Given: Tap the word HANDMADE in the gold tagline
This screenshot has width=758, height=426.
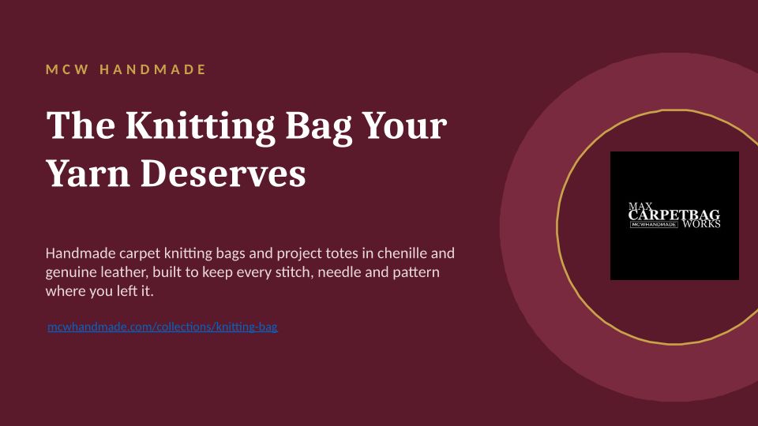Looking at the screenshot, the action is tap(152, 69).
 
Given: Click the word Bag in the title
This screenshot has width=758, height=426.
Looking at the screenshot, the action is tap(318, 126).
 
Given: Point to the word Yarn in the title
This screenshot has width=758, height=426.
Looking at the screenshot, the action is tap(88, 173).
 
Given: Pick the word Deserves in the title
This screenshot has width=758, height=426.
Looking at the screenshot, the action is tap(223, 173).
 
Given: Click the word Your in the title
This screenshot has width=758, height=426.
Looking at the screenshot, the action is tap(404, 125).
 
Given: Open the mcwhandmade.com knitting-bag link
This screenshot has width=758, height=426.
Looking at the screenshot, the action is tap(163, 327).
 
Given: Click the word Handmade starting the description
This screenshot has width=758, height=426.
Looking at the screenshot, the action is tap(81, 253).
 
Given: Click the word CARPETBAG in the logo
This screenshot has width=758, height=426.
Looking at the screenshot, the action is tap(674, 215).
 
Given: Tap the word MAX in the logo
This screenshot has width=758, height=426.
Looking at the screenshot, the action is tap(640, 206).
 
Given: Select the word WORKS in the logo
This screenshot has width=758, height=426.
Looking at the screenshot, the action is tap(701, 224).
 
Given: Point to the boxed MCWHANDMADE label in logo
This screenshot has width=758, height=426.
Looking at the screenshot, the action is tap(654, 225).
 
